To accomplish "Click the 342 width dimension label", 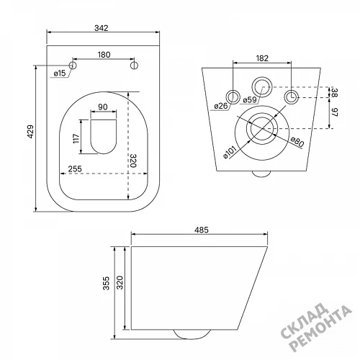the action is click(102, 28).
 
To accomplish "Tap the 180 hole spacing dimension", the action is click(104, 55).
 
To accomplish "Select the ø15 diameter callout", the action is click(60, 73).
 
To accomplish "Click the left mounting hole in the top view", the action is click(73, 66).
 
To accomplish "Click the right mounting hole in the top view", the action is click(134, 66).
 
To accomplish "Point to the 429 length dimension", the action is click(30, 131).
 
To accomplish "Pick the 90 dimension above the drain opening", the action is click(103, 107).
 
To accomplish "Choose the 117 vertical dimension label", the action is click(76, 138).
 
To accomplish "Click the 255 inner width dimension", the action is click(75, 168).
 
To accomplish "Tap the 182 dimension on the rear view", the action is click(262, 58).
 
